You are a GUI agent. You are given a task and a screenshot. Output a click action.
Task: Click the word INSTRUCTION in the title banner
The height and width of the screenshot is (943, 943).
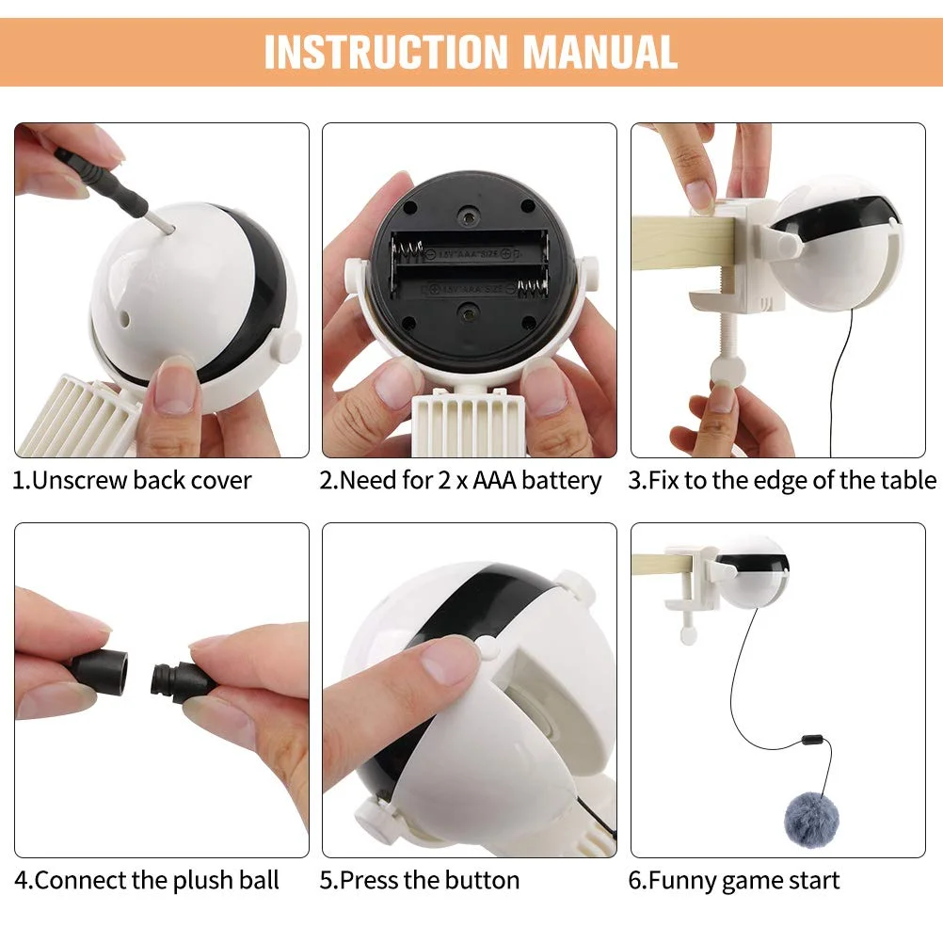(x=387, y=53)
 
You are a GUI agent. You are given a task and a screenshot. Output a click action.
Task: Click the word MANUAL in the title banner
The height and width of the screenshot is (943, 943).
(x=599, y=53)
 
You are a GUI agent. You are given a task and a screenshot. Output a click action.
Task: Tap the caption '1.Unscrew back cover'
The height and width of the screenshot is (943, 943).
(x=133, y=481)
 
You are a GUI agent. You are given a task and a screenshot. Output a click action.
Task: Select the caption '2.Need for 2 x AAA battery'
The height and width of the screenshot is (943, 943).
(x=460, y=481)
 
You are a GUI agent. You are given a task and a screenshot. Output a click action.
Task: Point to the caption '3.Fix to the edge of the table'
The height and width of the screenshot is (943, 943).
(x=782, y=481)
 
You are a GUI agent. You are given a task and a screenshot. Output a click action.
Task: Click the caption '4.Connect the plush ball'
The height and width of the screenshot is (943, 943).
(x=147, y=881)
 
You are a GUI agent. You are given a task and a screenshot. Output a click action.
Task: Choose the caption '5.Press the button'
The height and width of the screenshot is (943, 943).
(x=420, y=881)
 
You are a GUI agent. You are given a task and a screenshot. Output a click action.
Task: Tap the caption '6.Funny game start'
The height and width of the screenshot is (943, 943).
(x=733, y=881)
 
